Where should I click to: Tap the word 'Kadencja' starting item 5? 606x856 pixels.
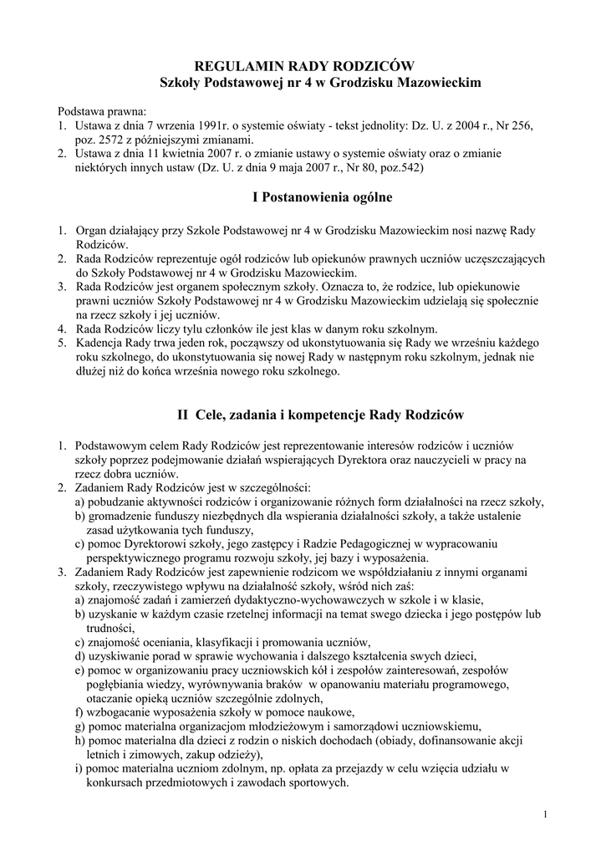101,344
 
